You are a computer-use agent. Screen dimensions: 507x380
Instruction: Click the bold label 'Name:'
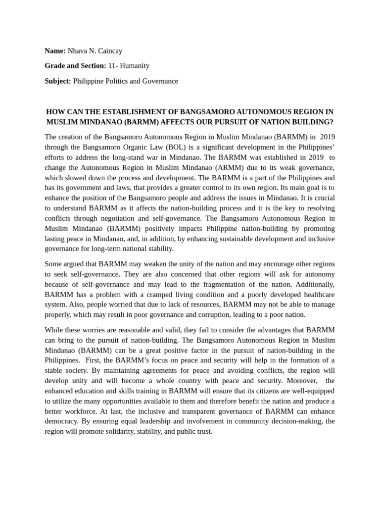55,51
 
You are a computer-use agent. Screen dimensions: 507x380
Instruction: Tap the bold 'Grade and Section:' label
75,65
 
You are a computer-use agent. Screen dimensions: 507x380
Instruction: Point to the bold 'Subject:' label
58,81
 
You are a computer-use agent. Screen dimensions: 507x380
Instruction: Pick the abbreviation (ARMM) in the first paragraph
229,167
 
